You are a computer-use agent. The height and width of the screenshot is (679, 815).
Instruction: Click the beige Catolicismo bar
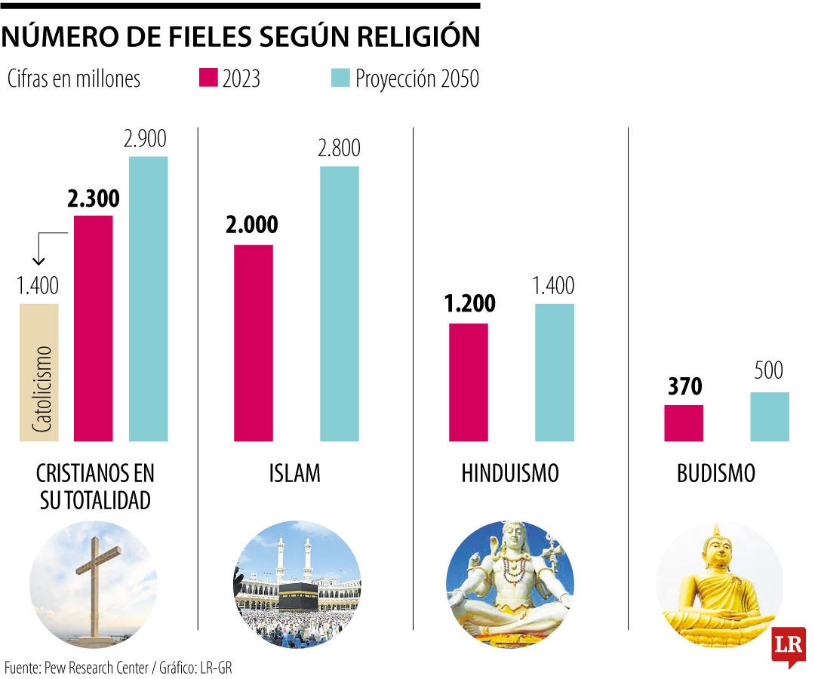coord(39,372)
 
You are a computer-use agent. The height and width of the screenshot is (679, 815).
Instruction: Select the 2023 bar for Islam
coord(254,343)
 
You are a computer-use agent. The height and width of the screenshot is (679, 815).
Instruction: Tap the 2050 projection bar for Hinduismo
coord(555,372)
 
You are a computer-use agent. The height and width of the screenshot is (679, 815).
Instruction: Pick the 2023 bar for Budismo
coord(684,422)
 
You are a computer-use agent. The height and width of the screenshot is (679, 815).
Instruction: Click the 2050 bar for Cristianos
coord(149,298)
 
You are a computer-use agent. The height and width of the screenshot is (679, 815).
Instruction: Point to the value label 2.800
coord(339,149)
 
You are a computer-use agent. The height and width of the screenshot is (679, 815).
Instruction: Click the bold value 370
coord(684,387)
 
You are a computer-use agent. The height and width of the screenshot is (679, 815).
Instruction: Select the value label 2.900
coord(146,139)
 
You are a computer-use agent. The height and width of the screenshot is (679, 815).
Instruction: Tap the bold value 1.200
coord(469,303)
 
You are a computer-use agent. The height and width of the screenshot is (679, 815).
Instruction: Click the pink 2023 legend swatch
coord(208,78)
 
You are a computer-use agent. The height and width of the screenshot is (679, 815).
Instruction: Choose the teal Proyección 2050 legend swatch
coord(341,78)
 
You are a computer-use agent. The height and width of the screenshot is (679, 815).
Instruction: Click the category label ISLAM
coord(294,474)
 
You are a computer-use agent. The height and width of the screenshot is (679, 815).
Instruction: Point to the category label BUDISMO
coord(716,474)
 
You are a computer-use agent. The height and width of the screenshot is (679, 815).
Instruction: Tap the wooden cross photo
coord(97,581)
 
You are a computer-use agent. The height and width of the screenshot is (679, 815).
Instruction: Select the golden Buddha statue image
coord(717,585)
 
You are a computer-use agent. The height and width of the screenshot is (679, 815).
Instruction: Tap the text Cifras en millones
coord(74,78)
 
